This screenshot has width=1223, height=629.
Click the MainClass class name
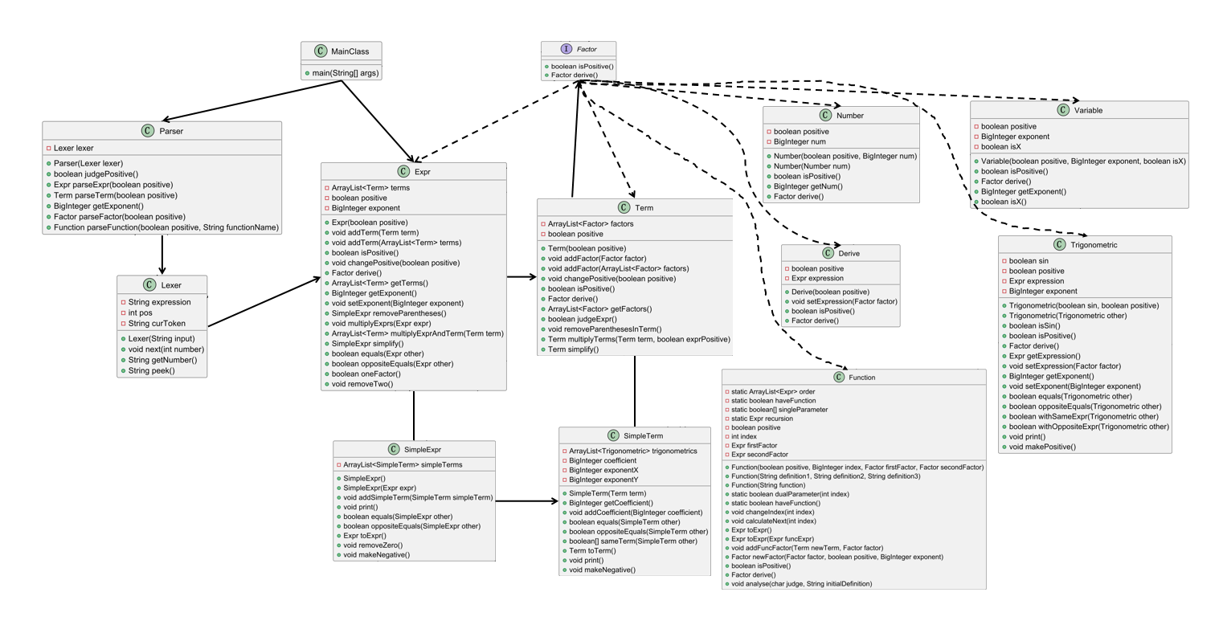click(350, 51)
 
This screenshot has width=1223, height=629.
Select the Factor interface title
click(587, 49)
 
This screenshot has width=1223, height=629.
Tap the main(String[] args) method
click(346, 73)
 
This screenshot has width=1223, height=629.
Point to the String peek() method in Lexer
click(152, 370)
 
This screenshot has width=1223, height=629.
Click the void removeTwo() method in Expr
click(362, 384)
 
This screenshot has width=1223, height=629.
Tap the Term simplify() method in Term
click(573, 349)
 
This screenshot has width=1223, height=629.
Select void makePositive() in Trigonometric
click(1041, 447)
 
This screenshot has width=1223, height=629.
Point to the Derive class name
click(849, 253)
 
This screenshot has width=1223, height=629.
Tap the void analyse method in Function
click(801, 584)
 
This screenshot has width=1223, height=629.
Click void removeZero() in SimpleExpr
click(373, 545)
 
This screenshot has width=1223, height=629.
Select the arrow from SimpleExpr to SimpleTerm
click(526, 501)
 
